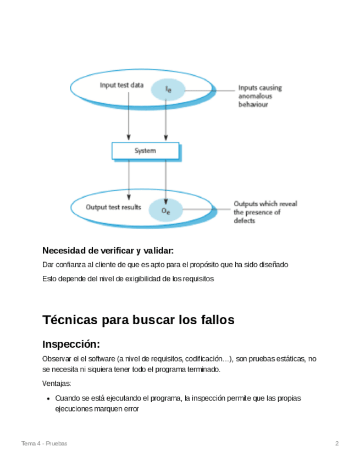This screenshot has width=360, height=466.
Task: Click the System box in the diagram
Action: tap(145, 151)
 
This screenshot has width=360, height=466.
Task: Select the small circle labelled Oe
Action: tap(165, 209)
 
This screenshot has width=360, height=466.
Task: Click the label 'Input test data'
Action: tap(121, 85)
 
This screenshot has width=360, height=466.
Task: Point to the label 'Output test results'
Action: tap(113, 207)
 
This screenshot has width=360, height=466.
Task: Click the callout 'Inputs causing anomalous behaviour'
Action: tap(259, 96)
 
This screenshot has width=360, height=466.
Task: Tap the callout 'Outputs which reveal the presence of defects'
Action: tap(265, 212)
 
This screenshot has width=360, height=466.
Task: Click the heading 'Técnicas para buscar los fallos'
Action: tap(138, 320)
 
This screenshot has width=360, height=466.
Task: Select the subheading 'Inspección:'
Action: tap(71, 345)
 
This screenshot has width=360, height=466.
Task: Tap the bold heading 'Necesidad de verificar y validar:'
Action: tap(108, 251)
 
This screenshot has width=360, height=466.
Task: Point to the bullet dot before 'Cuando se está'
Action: tap(49, 398)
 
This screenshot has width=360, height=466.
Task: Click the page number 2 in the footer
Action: tap(337, 443)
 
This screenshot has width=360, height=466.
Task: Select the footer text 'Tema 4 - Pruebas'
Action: tap(44, 443)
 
